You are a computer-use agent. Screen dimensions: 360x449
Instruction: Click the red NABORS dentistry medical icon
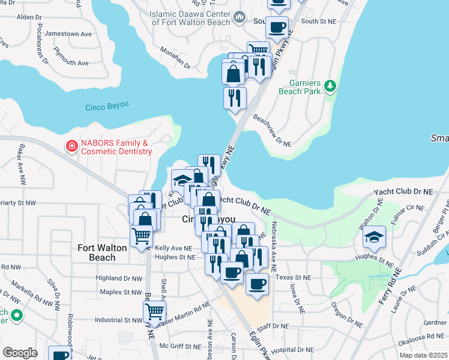71,146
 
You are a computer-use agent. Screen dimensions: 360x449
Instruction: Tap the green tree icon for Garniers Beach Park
329,88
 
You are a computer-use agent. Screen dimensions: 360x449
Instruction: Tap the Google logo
20,353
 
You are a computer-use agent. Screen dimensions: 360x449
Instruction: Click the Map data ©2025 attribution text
423,355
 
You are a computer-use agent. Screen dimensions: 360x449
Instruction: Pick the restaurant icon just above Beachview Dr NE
235,97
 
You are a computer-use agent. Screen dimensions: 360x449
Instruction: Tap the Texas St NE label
294,278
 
